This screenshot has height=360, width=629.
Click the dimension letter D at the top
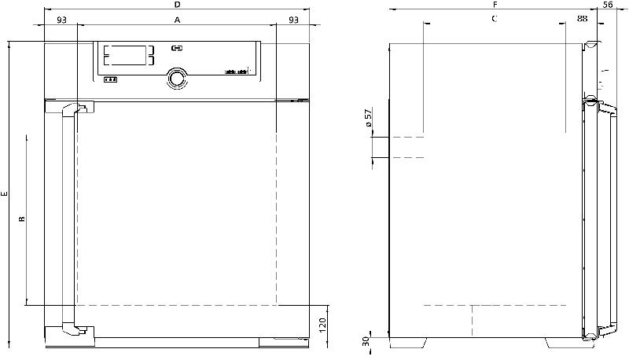pos(177,6)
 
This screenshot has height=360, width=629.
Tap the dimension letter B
pos(22,219)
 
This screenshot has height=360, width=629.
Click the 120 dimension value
pos(322,324)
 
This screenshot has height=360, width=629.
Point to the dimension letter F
pos(493,6)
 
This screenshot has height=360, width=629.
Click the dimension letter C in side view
pos(494,18)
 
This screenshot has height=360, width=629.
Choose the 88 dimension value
pos(581,18)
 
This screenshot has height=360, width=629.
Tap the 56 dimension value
pos(607,5)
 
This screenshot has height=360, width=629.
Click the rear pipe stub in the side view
pos(381,147)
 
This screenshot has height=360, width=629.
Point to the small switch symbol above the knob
pos(176,48)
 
